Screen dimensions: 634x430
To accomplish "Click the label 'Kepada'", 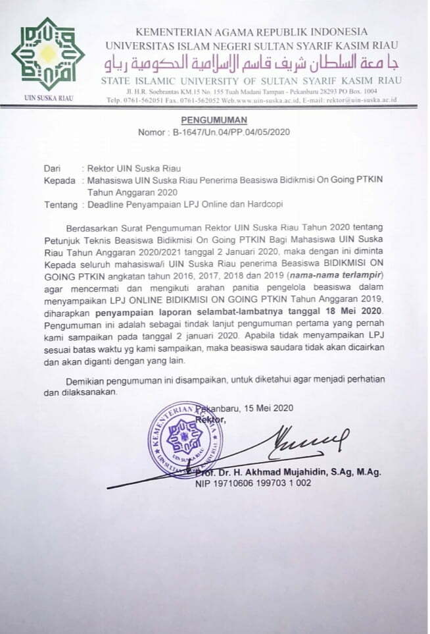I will [x=59, y=180].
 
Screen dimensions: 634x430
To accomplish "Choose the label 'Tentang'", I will [x=60, y=204].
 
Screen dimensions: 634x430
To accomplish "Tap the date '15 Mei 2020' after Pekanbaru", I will [x=269, y=408].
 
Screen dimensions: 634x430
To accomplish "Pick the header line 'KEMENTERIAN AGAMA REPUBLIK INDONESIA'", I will [x=251, y=31].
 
